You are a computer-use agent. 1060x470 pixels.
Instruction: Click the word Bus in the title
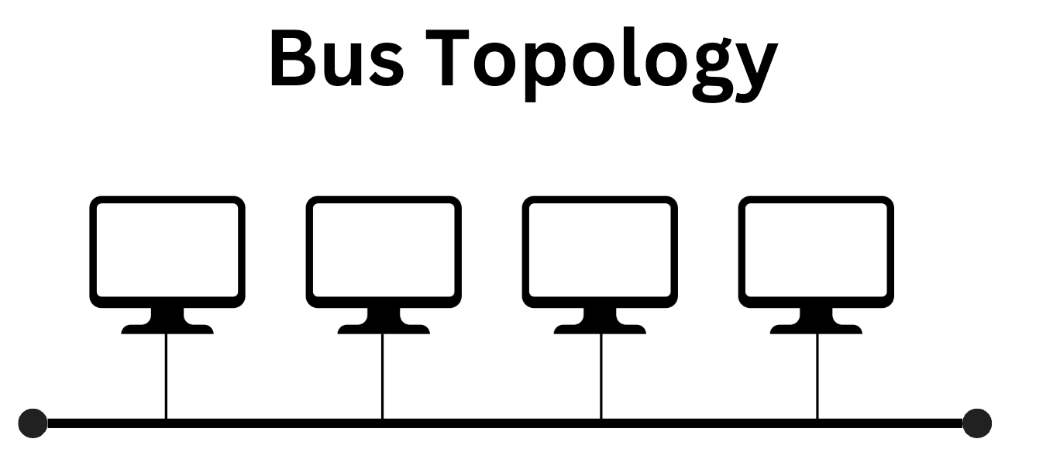tap(336, 60)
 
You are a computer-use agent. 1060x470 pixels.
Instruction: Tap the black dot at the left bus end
tap(33, 423)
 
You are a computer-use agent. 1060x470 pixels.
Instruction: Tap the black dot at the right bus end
tap(976, 423)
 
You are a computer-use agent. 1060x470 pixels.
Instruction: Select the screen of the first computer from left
tap(167, 250)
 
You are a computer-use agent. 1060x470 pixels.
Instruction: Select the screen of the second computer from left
tap(384, 250)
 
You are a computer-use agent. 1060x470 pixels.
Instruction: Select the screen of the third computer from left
tap(600, 250)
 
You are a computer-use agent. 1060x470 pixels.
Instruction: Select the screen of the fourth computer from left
tap(816, 250)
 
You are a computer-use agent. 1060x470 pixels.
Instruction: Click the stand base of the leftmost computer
tap(167, 327)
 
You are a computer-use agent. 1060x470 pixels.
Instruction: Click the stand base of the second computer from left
tap(384, 327)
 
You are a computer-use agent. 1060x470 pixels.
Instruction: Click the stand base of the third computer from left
tap(600, 327)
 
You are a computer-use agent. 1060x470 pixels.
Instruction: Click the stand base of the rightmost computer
tap(816, 327)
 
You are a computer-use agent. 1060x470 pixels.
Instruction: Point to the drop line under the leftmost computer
tap(167, 376)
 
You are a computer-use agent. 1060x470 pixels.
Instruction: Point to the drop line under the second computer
tap(383, 376)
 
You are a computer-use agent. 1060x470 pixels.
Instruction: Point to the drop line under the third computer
tap(601, 376)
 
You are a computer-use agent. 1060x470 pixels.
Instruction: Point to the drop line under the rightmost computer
tap(817, 376)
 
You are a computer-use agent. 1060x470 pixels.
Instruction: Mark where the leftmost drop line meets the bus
tap(167, 423)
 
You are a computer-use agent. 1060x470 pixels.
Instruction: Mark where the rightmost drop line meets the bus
tap(817, 423)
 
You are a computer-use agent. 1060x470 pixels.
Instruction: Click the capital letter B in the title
tap(292, 60)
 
